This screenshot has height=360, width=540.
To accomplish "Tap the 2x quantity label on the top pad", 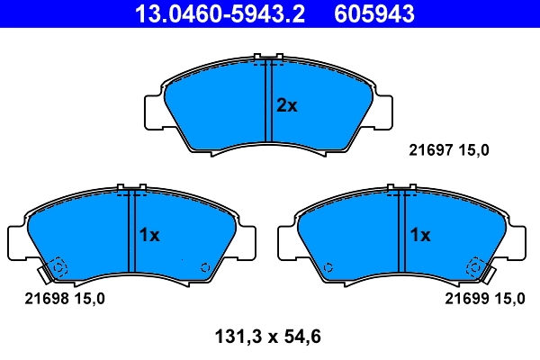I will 286,105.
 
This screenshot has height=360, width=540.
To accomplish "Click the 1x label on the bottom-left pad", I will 148,235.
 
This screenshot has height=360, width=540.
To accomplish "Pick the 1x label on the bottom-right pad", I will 420,235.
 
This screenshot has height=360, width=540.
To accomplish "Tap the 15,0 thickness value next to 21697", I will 474,151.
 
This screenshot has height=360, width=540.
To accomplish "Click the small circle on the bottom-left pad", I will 206,267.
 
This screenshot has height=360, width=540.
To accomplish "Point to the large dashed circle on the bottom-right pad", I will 474,267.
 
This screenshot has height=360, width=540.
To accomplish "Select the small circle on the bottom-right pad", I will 328,267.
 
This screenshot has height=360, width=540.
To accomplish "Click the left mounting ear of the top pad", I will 153,110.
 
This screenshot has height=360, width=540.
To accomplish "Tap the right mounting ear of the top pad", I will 385,110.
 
